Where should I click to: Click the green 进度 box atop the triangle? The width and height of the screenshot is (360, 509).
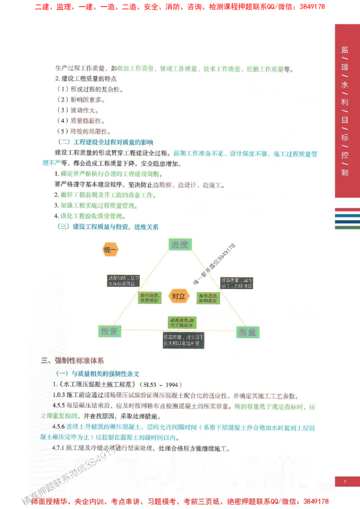click(180, 245)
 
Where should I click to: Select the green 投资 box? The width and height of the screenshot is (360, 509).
click(109, 332)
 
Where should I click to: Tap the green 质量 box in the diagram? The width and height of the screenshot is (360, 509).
click(248, 332)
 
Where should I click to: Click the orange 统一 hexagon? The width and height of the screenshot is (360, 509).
click(110, 250)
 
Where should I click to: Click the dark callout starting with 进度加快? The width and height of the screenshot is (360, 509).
click(123, 281)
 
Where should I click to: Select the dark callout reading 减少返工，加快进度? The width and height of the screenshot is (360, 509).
click(237, 283)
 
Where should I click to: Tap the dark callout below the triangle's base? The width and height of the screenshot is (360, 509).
click(183, 340)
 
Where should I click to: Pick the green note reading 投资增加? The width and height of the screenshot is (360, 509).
click(149, 298)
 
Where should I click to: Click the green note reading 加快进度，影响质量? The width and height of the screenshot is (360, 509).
click(208, 298)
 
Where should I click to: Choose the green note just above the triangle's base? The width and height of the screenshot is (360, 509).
click(182, 321)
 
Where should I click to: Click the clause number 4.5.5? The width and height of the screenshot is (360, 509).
click(59, 407)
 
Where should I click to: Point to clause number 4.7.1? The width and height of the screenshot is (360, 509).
click(59, 448)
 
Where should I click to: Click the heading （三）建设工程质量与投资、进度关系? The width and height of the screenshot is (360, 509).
click(108, 227)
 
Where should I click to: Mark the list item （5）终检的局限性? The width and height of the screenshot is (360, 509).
click(83, 131)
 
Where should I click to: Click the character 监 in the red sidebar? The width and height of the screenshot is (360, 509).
click(345, 50)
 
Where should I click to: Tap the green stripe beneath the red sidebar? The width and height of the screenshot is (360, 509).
click(347, 228)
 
